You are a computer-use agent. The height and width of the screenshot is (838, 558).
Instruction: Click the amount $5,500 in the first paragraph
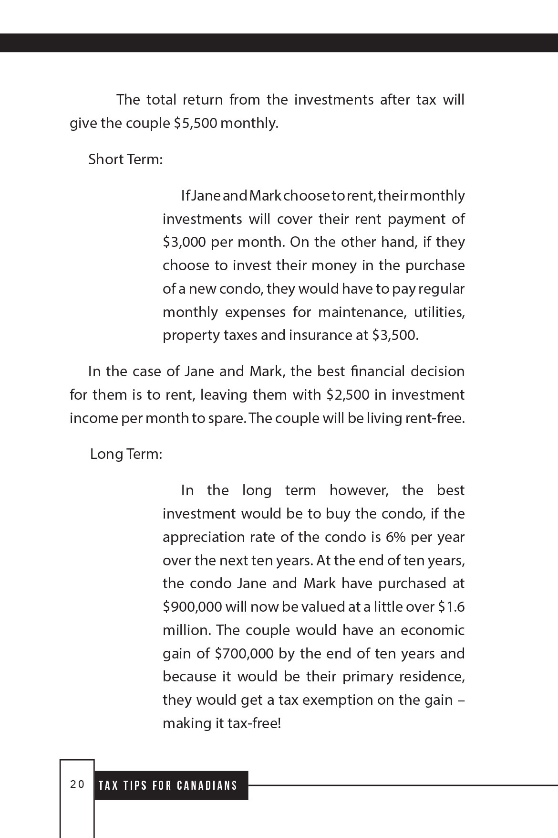click(x=196, y=123)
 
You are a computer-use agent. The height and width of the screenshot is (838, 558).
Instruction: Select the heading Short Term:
click(x=125, y=159)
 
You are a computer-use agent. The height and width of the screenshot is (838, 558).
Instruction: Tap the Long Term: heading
click(x=126, y=454)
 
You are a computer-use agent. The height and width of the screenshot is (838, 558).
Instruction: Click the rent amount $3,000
click(x=185, y=242)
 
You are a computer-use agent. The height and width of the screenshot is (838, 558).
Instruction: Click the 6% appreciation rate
click(x=395, y=537)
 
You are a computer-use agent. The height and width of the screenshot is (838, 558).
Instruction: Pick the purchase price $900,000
click(x=192, y=607)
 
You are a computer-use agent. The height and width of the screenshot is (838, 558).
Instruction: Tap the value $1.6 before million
click(x=451, y=607)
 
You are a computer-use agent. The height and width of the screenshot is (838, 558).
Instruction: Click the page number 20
click(x=77, y=785)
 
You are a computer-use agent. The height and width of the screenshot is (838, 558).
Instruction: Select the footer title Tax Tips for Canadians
click(x=168, y=785)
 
